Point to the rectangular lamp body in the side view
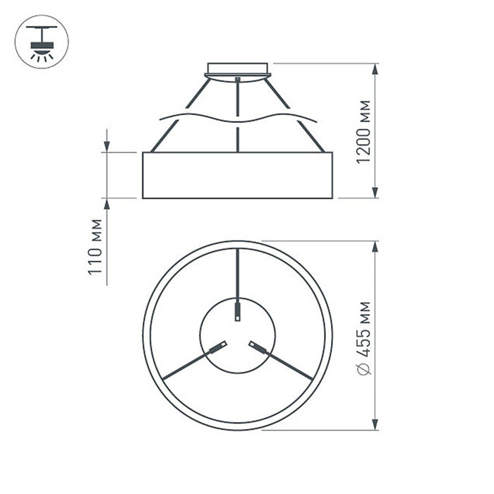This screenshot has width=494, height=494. pyautogui.click(x=238, y=175)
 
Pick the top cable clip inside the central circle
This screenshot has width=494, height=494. pyautogui.click(x=238, y=310)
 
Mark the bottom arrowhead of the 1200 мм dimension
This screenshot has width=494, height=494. pyautogui.click(x=375, y=192)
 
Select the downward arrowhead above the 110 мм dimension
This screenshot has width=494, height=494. pyautogui.click(x=107, y=145)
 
